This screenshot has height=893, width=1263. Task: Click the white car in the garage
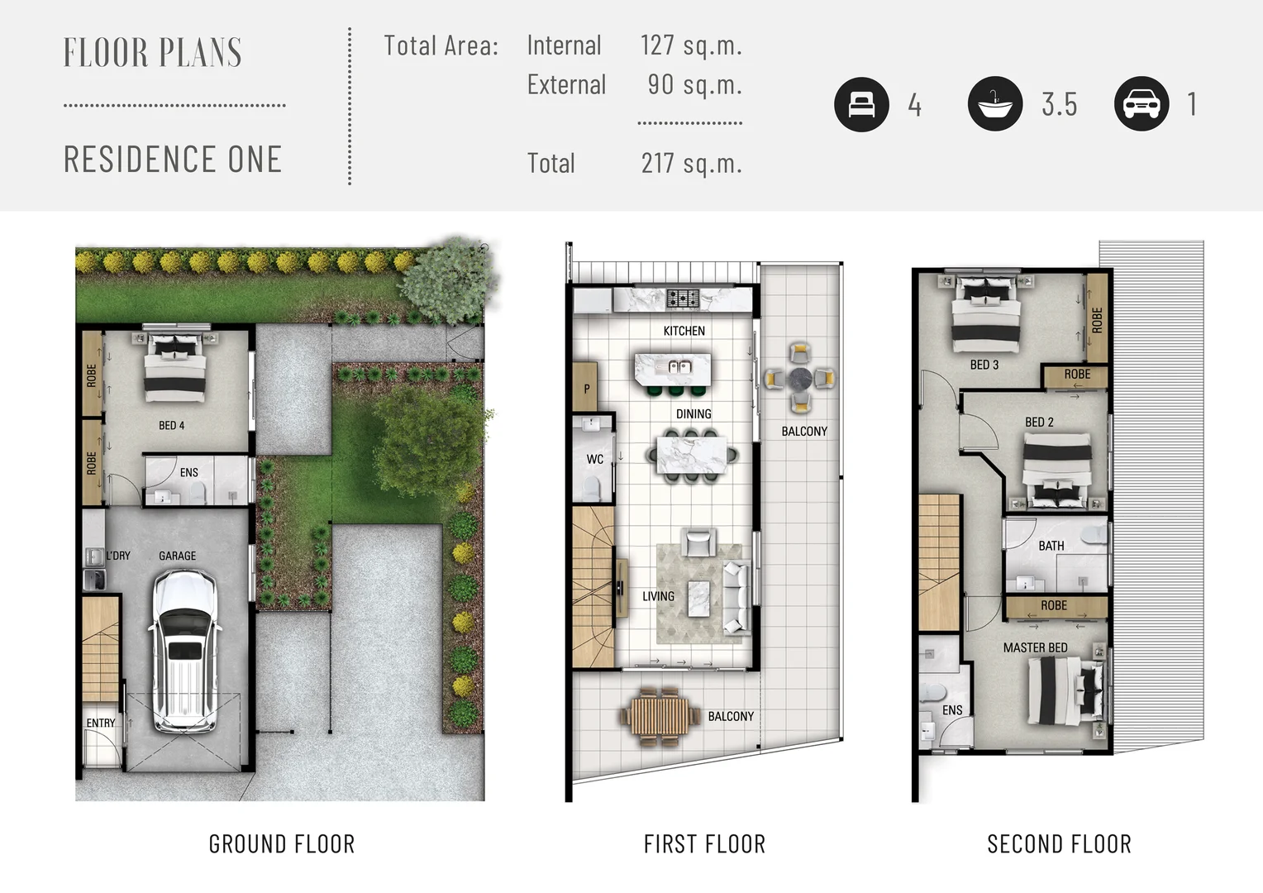point(183,651)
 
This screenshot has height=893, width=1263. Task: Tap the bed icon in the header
point(861,104)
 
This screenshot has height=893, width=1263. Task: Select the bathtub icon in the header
point(994,104)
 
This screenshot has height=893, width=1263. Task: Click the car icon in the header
point(1141,104)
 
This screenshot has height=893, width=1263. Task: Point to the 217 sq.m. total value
point(691,164)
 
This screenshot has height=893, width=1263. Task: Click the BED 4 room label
point(171,425)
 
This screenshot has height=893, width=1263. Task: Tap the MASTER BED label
point(1035,647)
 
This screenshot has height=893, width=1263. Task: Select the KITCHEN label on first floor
point(684,331)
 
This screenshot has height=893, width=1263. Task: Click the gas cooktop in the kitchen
point(683,298)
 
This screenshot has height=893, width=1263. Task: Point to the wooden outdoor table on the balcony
point(660,717)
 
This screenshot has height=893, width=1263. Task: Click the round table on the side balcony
point(800,378)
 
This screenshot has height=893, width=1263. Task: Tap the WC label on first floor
point(595,459)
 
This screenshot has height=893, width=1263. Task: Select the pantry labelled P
point(584,387)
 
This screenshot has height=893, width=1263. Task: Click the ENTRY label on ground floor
point(100,723)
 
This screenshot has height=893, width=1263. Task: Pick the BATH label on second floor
point(1051,546)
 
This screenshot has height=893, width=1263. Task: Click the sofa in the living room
point(736,597)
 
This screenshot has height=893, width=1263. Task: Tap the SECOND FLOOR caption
point(1060,844)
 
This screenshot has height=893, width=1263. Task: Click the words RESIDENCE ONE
point(173,159)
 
